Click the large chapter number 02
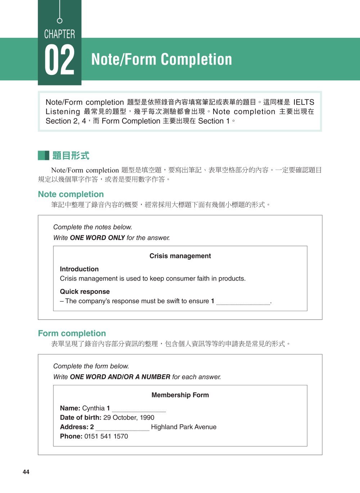click(x=59, y=60)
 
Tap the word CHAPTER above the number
click(x=59, y=34)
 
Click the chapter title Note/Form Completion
click(x=162, y=59)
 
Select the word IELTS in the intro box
click(x=303, y=102)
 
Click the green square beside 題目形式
click(x=43, y=156)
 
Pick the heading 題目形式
click(x=71, y=156)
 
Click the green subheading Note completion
click(x=71, y=194)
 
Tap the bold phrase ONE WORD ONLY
click(x=97, y=238)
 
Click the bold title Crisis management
click(x=180, y=256)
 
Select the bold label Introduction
click(x=79, y=269)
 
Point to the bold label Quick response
click(x=85, y=292)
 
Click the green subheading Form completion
click(x=72, y=333)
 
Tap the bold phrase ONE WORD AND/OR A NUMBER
click(x=120, y=377)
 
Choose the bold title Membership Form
click(x=180, y=395)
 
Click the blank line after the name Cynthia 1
click(x=139, y=409)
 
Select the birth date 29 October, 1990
click(x=129, y=418)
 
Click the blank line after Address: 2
click(x=122, y=428)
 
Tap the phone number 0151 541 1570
click(x=106, y=436)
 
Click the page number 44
click(x=26, y=472)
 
